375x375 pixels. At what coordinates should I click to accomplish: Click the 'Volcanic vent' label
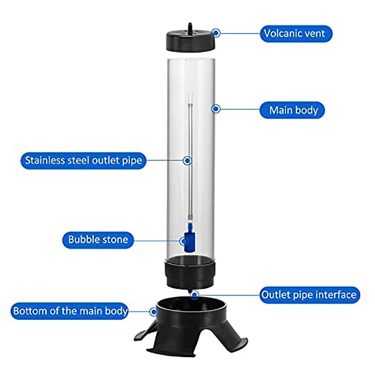296,34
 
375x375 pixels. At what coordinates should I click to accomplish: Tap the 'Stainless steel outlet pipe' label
83,161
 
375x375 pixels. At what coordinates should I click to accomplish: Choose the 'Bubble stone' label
98,240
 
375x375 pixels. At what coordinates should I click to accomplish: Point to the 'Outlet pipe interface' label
309,295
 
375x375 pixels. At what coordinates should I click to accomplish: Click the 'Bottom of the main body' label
70,311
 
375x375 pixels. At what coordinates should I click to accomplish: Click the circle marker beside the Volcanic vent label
216,32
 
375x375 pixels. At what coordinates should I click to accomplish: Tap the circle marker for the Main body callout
216,109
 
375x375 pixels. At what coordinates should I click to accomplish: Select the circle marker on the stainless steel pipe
187,161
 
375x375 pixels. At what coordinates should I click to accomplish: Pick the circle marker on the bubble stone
184,241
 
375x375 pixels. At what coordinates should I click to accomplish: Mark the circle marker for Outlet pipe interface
195,295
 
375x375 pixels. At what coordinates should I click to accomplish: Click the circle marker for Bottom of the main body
153,312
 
